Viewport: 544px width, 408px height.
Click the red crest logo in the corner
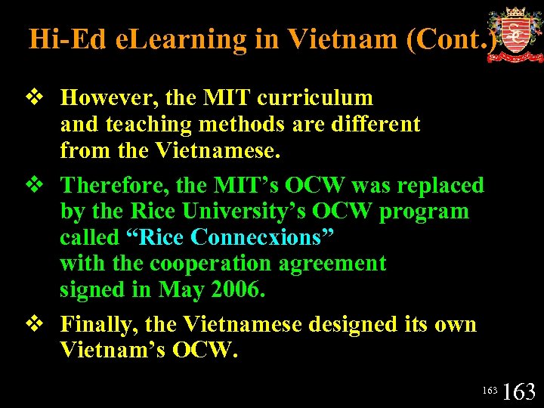click(515, 35)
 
